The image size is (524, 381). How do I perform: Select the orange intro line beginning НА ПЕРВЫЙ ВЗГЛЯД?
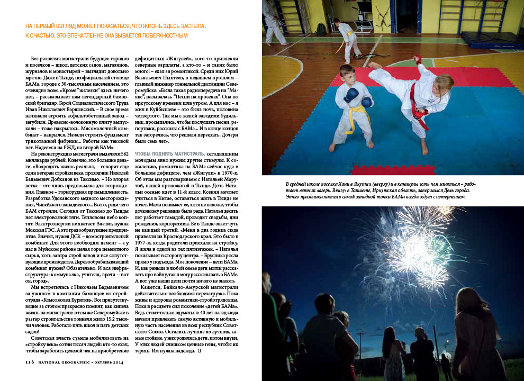click(x=115, y=26)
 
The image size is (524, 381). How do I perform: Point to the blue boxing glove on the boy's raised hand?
click(x=351, y=94)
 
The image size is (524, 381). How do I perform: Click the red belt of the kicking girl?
click(x=419, y=108)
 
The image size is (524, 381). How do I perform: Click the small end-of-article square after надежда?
click(x=198, y=351)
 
